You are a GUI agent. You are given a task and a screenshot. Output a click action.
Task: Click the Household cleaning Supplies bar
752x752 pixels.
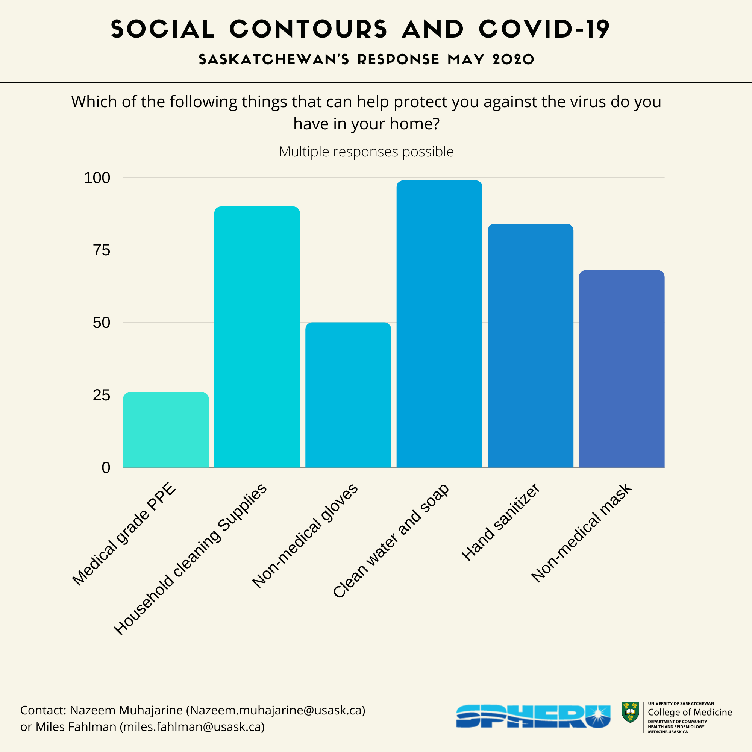[257, 337]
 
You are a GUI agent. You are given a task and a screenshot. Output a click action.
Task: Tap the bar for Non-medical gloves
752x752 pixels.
[348, 395]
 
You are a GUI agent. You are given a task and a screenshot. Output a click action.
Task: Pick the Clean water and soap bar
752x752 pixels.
[439, 323]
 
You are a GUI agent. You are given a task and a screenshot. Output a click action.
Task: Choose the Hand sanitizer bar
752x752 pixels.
[530, 345]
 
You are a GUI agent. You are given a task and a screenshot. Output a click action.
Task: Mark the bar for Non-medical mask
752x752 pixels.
[621, 368]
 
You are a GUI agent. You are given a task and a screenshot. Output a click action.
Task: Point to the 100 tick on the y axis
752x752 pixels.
[97, 178]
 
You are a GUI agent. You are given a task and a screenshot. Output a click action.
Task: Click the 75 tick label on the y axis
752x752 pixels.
[102, 250]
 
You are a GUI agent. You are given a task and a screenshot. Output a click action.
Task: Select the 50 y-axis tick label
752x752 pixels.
[102, 323]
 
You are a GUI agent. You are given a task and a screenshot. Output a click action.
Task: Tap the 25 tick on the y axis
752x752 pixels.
[102, 395]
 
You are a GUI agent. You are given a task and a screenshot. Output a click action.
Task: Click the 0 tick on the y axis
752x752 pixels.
[106, 467]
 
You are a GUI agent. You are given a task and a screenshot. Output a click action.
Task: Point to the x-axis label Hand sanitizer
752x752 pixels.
[500, 522]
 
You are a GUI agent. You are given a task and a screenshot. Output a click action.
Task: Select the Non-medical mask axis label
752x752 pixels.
[581, 533]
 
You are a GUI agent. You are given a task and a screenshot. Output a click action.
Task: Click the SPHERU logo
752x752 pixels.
[533, 716]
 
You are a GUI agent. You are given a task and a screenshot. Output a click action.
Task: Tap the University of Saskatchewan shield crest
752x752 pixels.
[630, 712]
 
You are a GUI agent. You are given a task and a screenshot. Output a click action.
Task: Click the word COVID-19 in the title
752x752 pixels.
[544, 29]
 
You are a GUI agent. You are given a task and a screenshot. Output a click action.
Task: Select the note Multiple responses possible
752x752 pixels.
[366, 152]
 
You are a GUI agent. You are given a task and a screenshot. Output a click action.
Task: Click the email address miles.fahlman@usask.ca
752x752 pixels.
[192, 726]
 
